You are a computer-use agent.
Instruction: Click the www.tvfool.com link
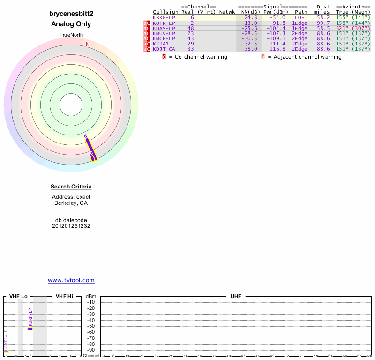pyautogui.click(x=71, y=280)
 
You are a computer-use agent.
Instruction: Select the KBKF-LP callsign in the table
pyautogui.click(x=164, y=17)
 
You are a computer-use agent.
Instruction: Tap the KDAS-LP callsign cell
pyautogui.click(x=164, y=28)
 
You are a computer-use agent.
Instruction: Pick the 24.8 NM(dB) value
pyautogui.click(x=251, y=17)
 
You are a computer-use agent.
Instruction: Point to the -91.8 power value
pyautogui.click(x=277, y=22)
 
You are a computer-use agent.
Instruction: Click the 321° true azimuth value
pyautogui.click(x=343, y=28)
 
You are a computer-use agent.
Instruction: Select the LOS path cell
pyautogui.click(x=300, y=17)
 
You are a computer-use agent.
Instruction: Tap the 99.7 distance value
pyautogui.click(x=323, y=22)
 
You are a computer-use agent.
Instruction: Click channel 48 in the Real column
pyautogui.click(x=191, y=28)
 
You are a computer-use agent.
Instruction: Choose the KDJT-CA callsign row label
pyautogui.click(x=164, y=49)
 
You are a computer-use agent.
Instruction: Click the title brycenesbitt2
pyautogui.click(x=71, y=14)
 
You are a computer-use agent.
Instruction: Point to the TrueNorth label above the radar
pyautogui.click(x=71, y=35)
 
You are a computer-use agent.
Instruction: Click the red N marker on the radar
pyautogui.click(x=87, y=44)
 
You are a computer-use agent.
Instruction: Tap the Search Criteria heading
pyautogui.click(x=71, y=187)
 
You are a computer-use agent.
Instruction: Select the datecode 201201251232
pyautogui.click(x=71, y=226)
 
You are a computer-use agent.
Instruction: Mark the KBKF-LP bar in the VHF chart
pyautogui.click(x=30, y=329)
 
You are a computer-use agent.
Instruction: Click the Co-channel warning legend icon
pyautogui.click(x=164, y=57)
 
